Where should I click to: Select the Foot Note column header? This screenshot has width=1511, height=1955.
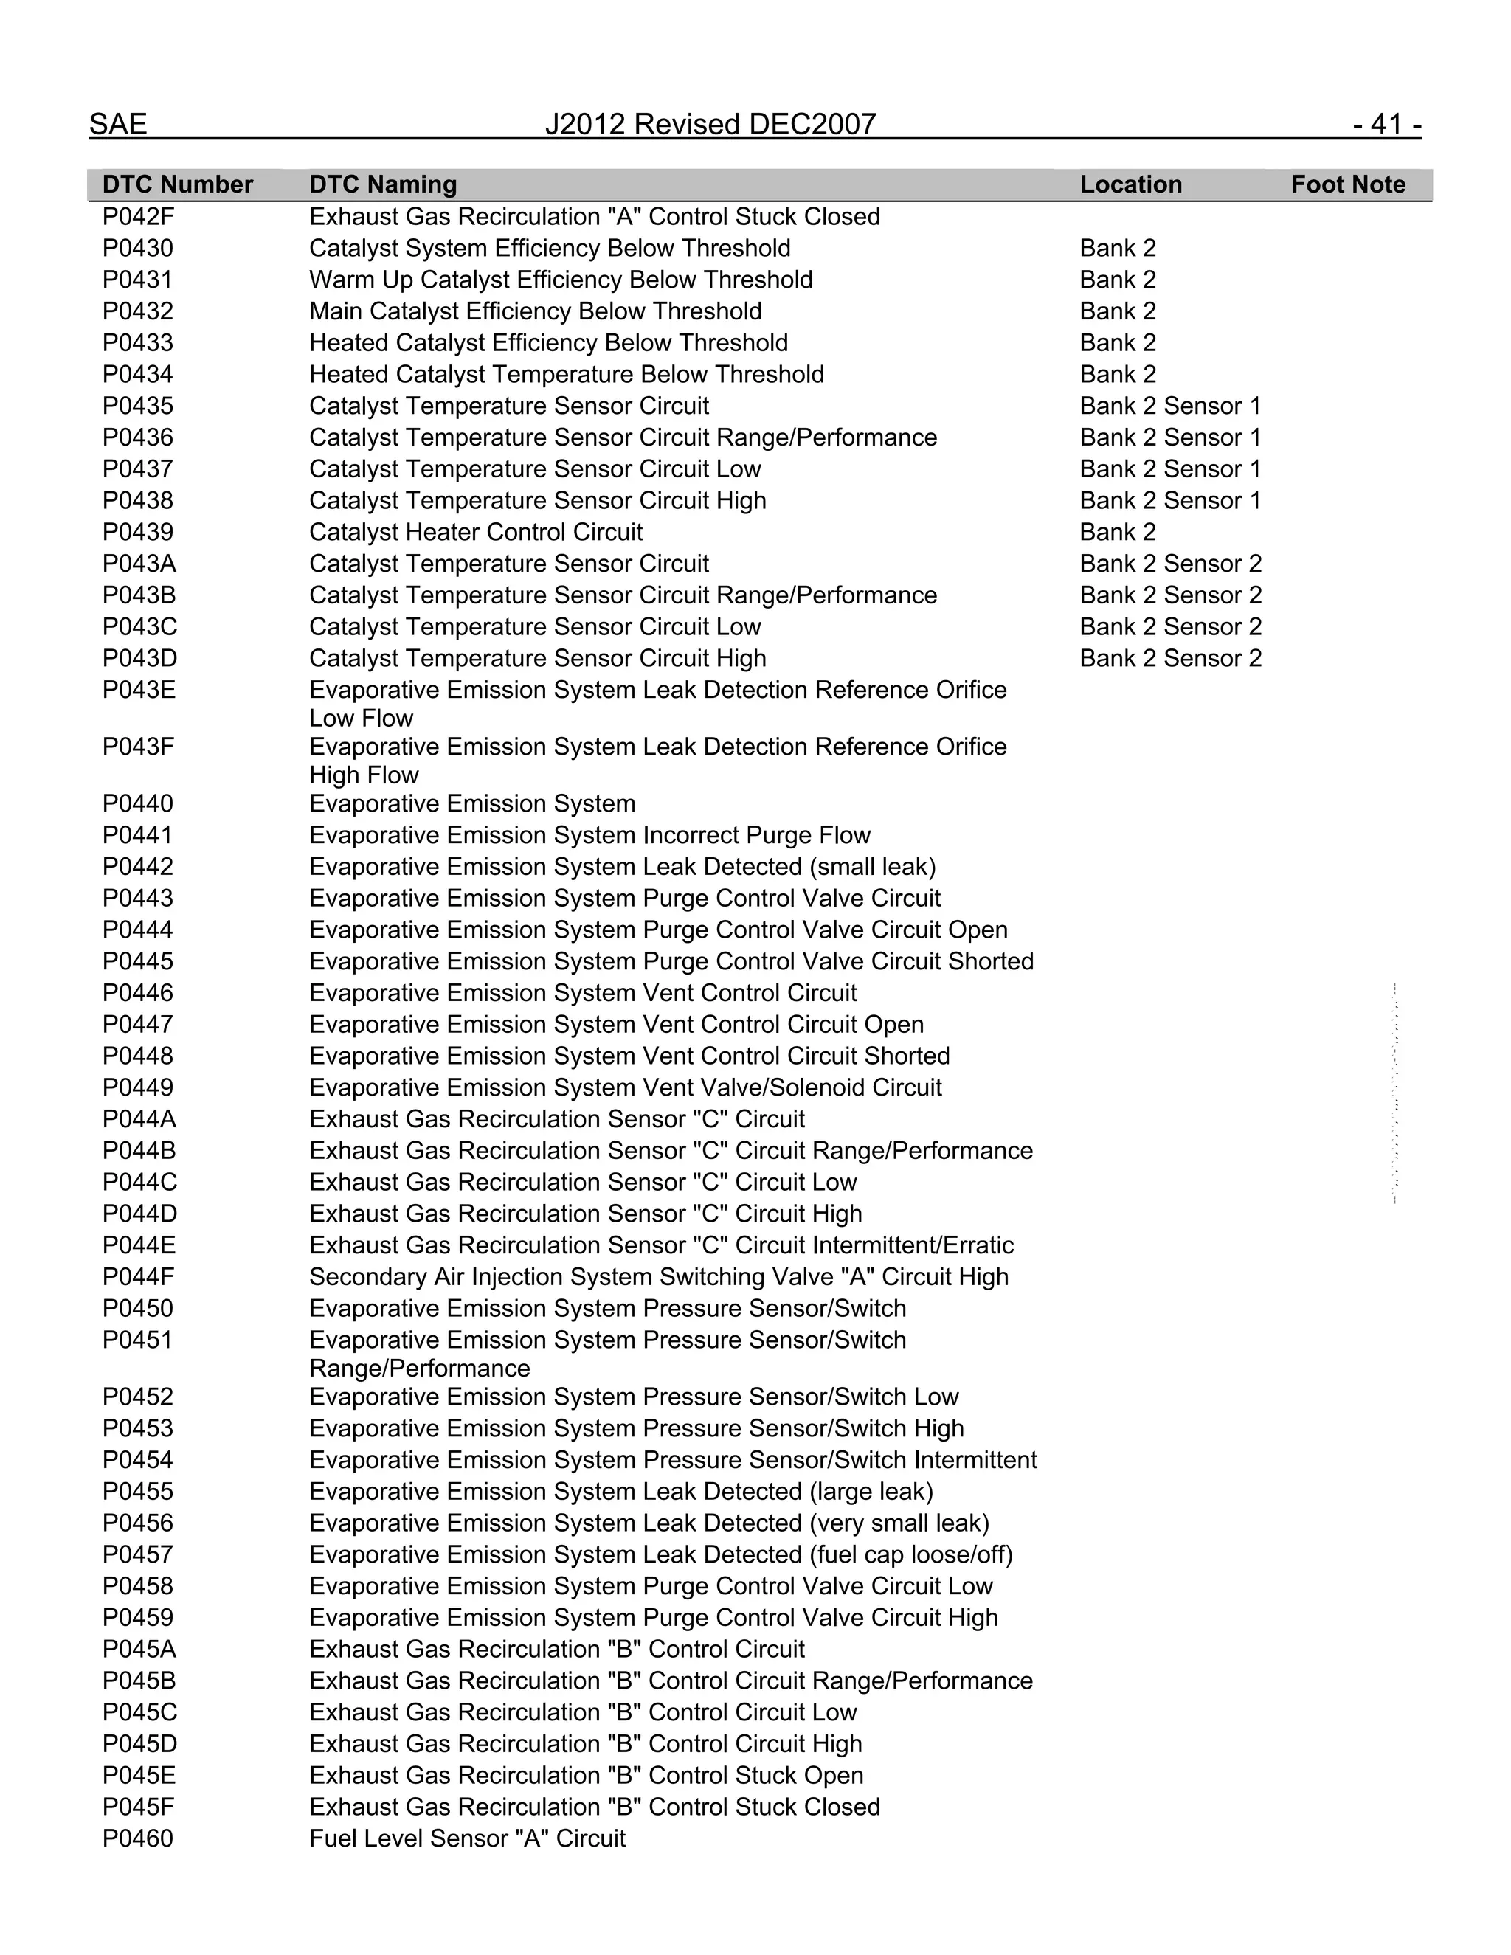tap(1347, 184)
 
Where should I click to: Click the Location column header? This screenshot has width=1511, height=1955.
tap(1130, 184)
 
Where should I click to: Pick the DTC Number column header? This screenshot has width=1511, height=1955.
tap(177, 184)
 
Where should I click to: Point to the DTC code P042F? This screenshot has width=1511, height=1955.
tap(137, 217)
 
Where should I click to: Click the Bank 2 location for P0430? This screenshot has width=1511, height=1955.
tap(1117, 248)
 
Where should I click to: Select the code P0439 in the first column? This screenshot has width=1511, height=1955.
tap(137, 532)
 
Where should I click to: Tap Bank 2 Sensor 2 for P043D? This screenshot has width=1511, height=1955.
tap(1170, 658)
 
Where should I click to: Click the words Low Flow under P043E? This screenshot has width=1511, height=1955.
tap(361, 718)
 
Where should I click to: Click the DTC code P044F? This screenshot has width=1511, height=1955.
tap(137, 1276)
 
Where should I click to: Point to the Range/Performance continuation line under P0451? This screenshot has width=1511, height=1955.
tap(419, 1368)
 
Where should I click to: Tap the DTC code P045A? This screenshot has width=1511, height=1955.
tap(139, 1649)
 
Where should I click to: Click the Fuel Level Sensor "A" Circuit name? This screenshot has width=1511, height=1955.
tap(466, 1838)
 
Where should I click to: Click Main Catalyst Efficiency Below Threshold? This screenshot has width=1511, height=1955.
tap(536, 311)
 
